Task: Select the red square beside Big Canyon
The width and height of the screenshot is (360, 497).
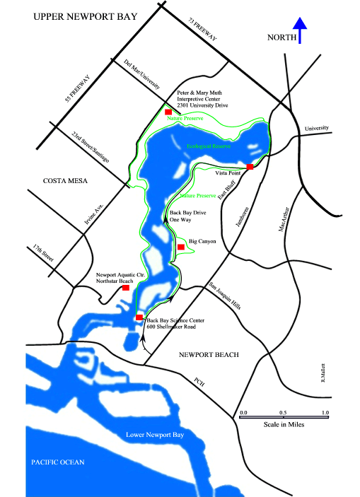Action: click(x=181, y=247)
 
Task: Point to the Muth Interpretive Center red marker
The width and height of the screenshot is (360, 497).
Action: click(x=168, y=112)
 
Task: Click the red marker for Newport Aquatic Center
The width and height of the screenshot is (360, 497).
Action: click(x=126, y=288)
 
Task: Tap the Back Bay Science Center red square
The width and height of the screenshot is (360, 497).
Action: click(x=139, y=317)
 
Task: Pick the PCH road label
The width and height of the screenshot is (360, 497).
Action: click(x=201, y=382)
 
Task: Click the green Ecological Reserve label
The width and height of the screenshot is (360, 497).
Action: click(x=210, y=147)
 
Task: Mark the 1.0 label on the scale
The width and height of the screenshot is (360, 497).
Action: click(x=325, y=411)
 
